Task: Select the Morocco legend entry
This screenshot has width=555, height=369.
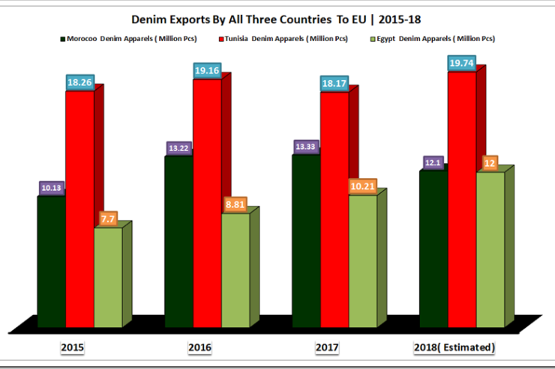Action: click(127, 38)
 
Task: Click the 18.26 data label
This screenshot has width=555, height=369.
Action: click(80, 82)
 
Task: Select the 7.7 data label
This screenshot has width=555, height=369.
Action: click(108, 218)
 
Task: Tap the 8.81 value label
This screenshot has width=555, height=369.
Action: click(235, 204)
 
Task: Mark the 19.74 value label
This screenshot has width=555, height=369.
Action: click(462, 64)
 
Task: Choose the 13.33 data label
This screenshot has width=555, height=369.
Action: click(306, 146)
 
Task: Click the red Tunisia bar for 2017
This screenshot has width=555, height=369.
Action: click(334, 210)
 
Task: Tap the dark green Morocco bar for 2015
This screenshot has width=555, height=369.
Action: click(51, 262)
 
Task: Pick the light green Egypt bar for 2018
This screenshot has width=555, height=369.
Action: click(490, 250)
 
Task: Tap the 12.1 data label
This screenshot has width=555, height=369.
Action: click(434, 162)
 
